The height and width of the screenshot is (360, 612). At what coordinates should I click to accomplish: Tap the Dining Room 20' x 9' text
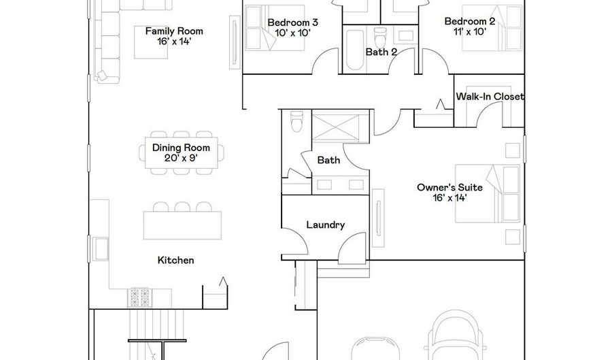[x=181, y=153]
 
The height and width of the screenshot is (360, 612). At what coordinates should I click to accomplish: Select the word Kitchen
[x=176, y=260]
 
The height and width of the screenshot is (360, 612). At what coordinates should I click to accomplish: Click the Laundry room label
[x=325, y=225]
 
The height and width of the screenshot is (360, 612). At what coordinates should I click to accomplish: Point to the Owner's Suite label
[x=447, y=191]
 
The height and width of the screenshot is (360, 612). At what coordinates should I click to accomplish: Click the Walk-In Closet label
[x=490, y=97]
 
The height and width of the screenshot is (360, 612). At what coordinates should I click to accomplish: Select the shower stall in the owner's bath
[x=338, y=128]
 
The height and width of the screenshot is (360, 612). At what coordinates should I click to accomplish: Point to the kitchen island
[x=182, y=224]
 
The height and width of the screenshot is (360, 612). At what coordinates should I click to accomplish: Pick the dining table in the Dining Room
[x=181, y=153]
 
